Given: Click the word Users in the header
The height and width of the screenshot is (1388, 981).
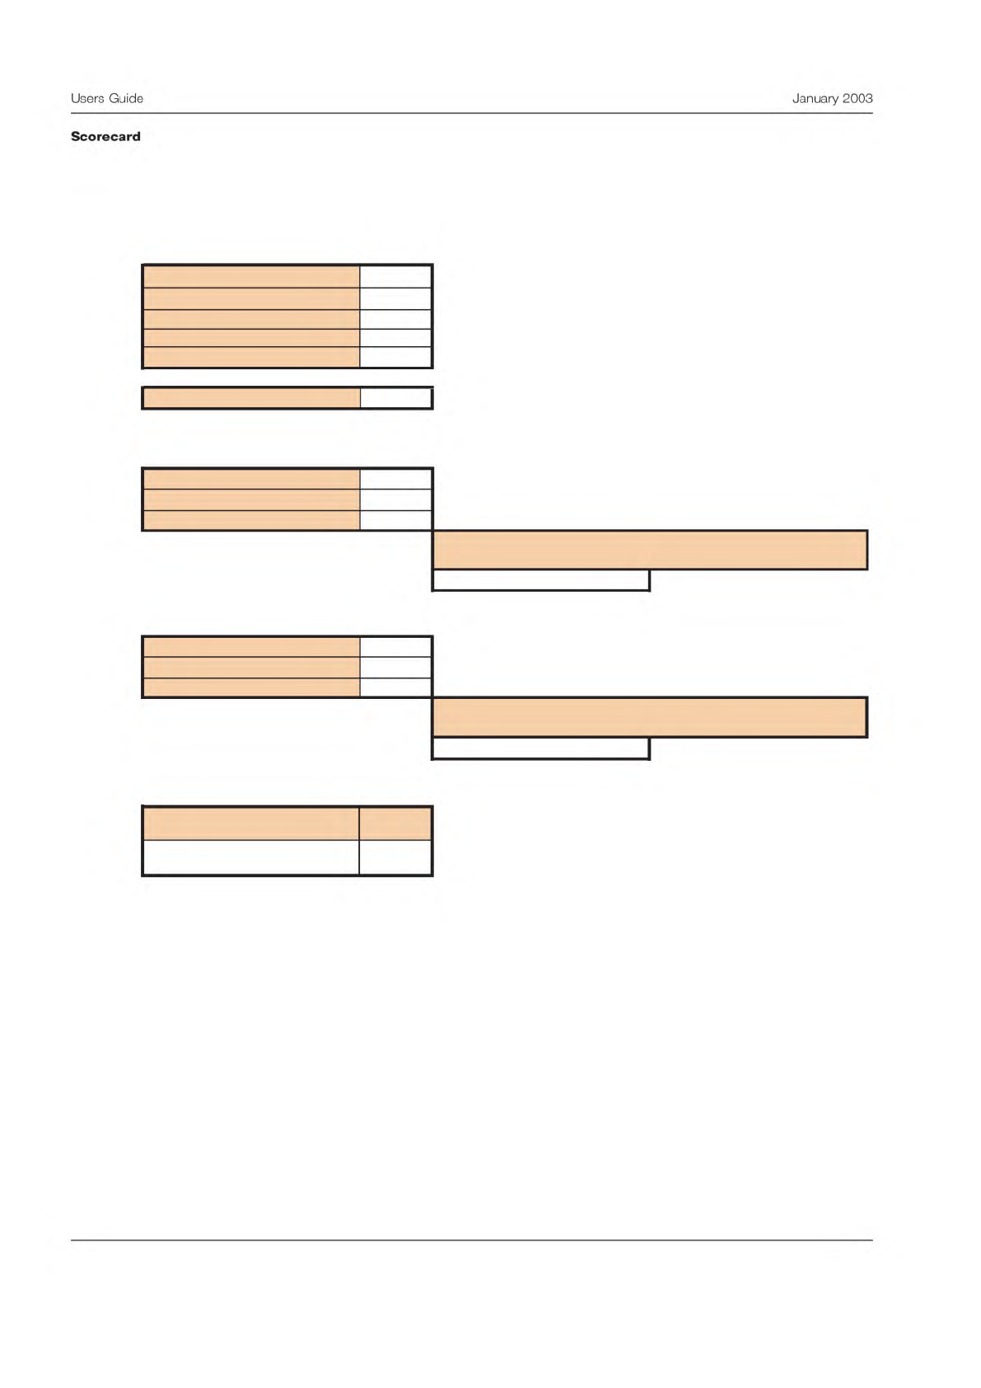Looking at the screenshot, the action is point(87,98).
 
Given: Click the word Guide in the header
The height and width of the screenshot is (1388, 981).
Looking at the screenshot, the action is point(126,98).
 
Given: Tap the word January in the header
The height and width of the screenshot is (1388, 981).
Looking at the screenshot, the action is point(815,98).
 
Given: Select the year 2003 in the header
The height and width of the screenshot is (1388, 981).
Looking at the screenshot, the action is point(857,98).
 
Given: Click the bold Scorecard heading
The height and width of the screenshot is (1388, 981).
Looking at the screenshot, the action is point(105,137).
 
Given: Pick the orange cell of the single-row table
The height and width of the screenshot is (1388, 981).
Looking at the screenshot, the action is point(251,398).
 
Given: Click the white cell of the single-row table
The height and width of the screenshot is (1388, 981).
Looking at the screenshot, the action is point(395,398).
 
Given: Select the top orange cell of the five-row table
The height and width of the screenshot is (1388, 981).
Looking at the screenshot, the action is point(251,276).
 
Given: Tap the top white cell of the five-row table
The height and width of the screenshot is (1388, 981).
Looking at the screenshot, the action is point(395,276).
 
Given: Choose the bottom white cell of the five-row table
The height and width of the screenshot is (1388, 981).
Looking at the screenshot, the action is point(395,357).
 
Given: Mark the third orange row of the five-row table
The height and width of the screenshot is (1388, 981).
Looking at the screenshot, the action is point(251,319).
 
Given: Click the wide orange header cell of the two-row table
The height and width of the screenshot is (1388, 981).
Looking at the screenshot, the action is point(251,823).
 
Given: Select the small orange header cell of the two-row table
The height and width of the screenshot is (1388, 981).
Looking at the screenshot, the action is point(395,823).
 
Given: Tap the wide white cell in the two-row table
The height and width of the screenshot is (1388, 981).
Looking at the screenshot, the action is point(251,857).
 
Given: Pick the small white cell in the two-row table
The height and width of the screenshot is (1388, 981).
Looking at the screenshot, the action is point(395,857).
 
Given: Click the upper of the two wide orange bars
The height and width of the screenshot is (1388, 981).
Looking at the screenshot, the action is point(649,550).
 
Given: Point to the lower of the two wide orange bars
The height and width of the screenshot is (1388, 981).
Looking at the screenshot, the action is point(649,717).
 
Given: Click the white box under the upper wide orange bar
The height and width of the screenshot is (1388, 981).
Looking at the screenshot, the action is point(540,580).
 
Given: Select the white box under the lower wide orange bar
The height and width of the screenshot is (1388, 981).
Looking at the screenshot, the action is point(540,748).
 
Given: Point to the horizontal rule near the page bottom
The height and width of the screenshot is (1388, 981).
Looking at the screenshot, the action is point(471,1240).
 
